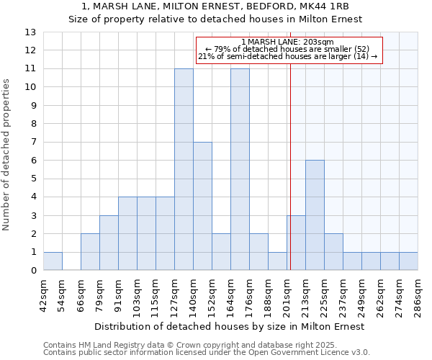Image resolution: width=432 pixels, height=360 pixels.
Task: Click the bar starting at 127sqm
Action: click(x=184, y=169)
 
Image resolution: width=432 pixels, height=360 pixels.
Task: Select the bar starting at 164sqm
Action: click(x=240, y=169)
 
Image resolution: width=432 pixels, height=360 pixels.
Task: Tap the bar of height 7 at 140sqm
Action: click(x=202, y=206)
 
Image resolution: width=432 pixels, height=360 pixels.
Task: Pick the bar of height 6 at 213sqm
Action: click(x=315, y=215)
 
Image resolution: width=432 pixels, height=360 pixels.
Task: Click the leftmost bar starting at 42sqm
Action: click(x=53, y=261)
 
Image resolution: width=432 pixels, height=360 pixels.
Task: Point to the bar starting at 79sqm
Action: click(x=109, y=243)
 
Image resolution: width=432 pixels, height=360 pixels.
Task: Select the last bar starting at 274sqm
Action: click(x=408, y=261)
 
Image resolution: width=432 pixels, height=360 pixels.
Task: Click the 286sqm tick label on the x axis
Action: click(x=418, y=296)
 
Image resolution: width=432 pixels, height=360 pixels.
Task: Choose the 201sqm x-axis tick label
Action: click(x=287, y=296)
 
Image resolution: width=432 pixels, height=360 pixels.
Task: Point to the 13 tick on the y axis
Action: click(x=30, y=32)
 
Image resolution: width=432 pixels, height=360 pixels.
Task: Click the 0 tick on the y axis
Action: click(x=33, y=271)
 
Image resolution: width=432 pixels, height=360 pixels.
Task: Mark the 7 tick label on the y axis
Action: click(x=33, y=143)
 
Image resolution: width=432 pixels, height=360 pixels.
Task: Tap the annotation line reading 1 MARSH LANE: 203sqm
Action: click(x=287, y=42)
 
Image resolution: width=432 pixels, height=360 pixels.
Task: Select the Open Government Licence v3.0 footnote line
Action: click(x=207, y=353)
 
